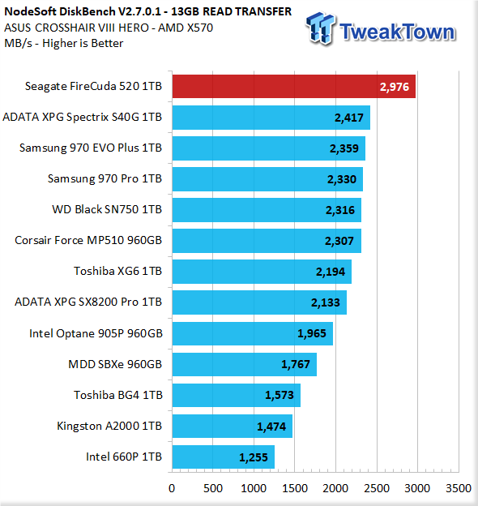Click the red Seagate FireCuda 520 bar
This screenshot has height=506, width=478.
(x=293, y=87)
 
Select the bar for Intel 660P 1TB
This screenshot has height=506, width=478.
(x=223, y=457)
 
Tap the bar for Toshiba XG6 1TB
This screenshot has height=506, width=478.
(x=262, y=272)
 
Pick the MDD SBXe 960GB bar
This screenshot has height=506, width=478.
(x=245, y=364)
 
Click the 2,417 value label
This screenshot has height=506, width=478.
(x=349, y=118)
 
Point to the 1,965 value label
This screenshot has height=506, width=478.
(x=312, y=333)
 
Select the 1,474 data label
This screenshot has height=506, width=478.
(x=271, y=427)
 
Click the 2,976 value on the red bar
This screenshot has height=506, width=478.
(x=395, y=87)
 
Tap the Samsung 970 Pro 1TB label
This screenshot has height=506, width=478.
(x=105, y=178)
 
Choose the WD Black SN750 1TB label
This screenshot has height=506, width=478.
(x=107, y=209)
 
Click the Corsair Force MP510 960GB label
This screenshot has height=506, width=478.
(x=88, y=240)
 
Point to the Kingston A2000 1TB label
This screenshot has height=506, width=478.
(x=109, y=426)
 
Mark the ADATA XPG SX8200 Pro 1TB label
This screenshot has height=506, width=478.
(x=88, y=302)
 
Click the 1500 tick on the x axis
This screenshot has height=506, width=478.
(x=295, y=488)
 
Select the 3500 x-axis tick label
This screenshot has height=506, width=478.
(x=459, y=488)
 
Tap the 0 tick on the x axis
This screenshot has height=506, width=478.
(x=172, y=488)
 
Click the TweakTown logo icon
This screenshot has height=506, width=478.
(x=321, y=28)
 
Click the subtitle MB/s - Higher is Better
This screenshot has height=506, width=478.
(x=64, y=43)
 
